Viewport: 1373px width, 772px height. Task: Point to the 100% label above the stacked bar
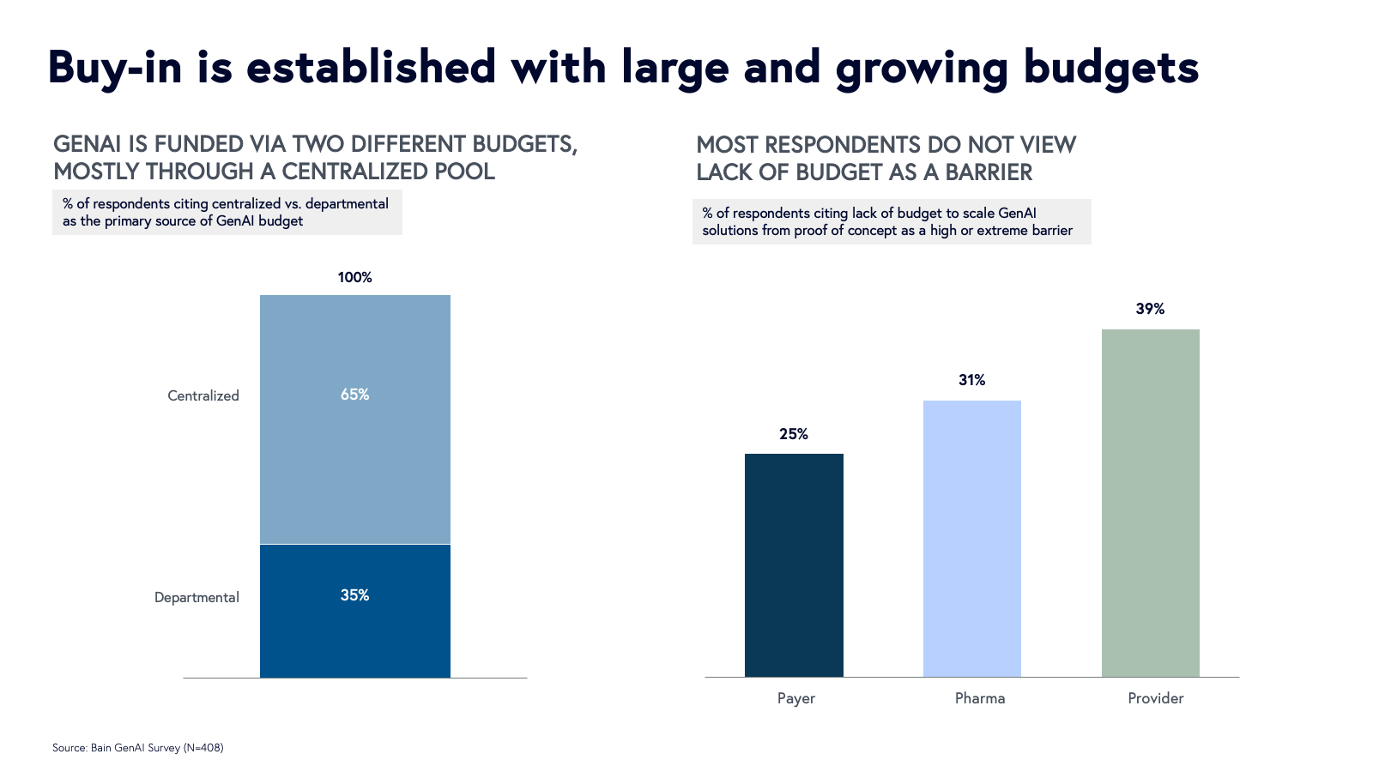pos(354,277)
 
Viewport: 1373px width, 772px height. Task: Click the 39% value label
pos(1150,309)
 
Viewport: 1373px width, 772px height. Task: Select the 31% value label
pos(971,380)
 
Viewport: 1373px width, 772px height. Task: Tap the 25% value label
pos(794,434)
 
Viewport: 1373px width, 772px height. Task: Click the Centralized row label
pos(203,395)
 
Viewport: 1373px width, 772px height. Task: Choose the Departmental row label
pos(197,597)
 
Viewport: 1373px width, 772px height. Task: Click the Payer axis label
pos(795,698)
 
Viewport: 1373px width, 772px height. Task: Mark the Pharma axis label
pos(979,698)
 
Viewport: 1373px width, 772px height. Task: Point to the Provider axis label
pos(1155,698)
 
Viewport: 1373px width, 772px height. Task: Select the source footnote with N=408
pos(137,748)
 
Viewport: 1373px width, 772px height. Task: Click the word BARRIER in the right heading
pos(989,172)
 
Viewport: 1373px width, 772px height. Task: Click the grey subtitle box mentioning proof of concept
pos(891,221)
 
